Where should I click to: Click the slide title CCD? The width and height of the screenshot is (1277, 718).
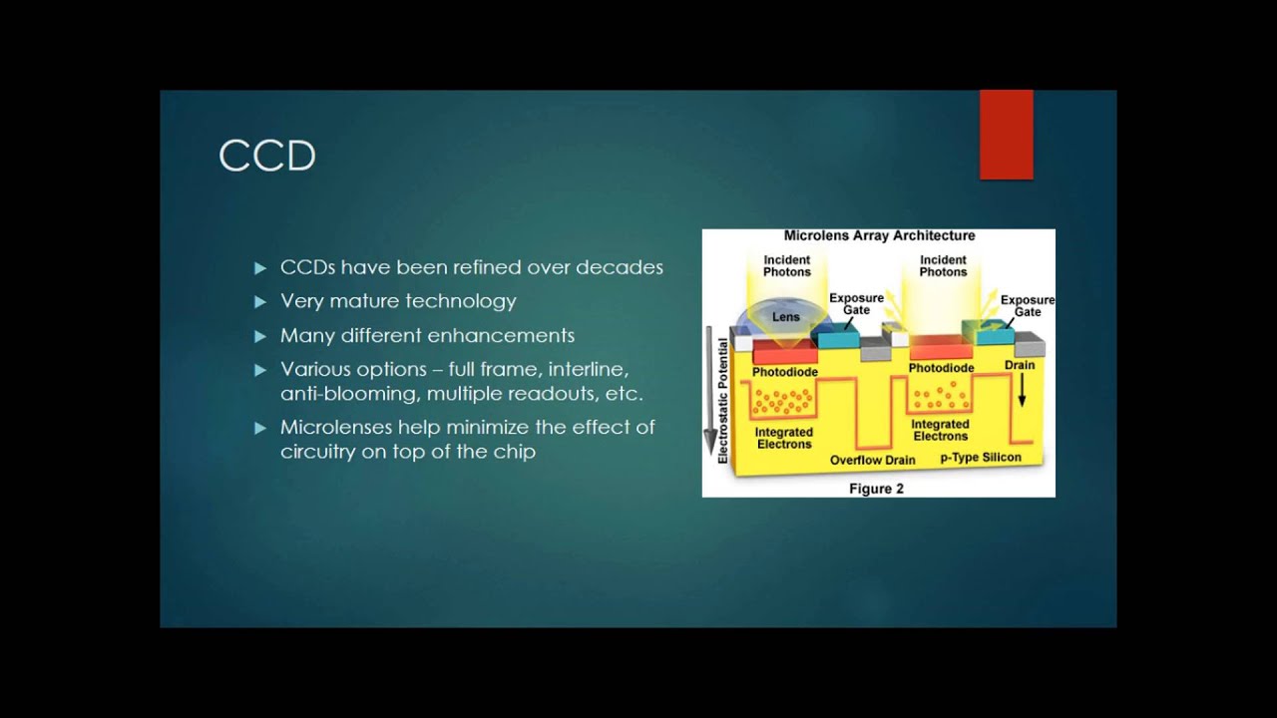tap(267, 157)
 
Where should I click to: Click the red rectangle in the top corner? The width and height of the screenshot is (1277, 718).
tap(1006, 135)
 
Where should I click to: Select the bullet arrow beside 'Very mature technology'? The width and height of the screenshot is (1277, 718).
tap(260, 301)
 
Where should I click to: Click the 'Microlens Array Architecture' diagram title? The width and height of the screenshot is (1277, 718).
tap(879, 236)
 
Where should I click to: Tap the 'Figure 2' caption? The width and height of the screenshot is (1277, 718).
tap(876, 489)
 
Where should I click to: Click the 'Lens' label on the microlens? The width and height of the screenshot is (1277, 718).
tap(786, 317)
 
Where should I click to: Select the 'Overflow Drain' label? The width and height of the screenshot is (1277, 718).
tap(872, 460)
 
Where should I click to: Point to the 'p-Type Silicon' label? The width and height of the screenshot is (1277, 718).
tap(981, 458)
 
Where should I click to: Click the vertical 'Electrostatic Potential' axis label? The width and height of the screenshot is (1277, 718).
tap(723, 400)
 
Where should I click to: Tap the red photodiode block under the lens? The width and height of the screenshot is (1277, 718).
tap(784, 354)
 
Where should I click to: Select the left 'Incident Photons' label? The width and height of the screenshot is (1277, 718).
tap(787, 265)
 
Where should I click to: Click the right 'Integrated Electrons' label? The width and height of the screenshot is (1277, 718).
tap(940, 430)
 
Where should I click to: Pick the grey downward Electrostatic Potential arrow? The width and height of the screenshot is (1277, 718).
tap(710, 389)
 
